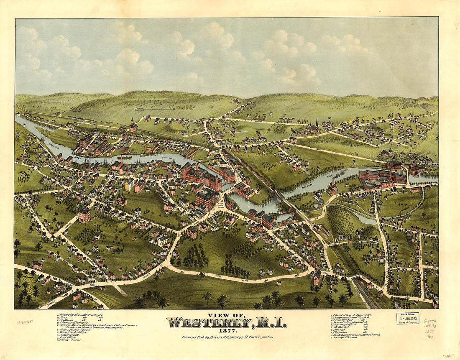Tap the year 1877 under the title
226,330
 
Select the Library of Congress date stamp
408,318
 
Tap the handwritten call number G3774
430,321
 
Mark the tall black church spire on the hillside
317,123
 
